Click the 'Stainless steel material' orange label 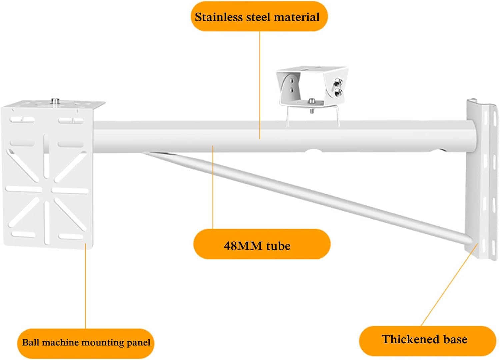pyautogui.click(x=259, y=16)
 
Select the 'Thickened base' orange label pyautogui.click(x=427, y=340)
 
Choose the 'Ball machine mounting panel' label pyautogui.click(x=86, y=343)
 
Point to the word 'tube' pyautogui.click(x=278, y=246)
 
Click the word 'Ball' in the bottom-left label pyautogui.click(x=30, y=342)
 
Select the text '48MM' pyautogui.click(x=243, y=246)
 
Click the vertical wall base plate pyautogui.click(x=482, y=180)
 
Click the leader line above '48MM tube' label pyautogui.click(x=213, y=187)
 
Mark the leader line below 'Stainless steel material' pyautogui.click(x=260, y=83)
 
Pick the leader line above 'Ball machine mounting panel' pyautogui.click(x=85, y=287)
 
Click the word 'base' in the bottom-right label pyautogui.click(x=455, y=339)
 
